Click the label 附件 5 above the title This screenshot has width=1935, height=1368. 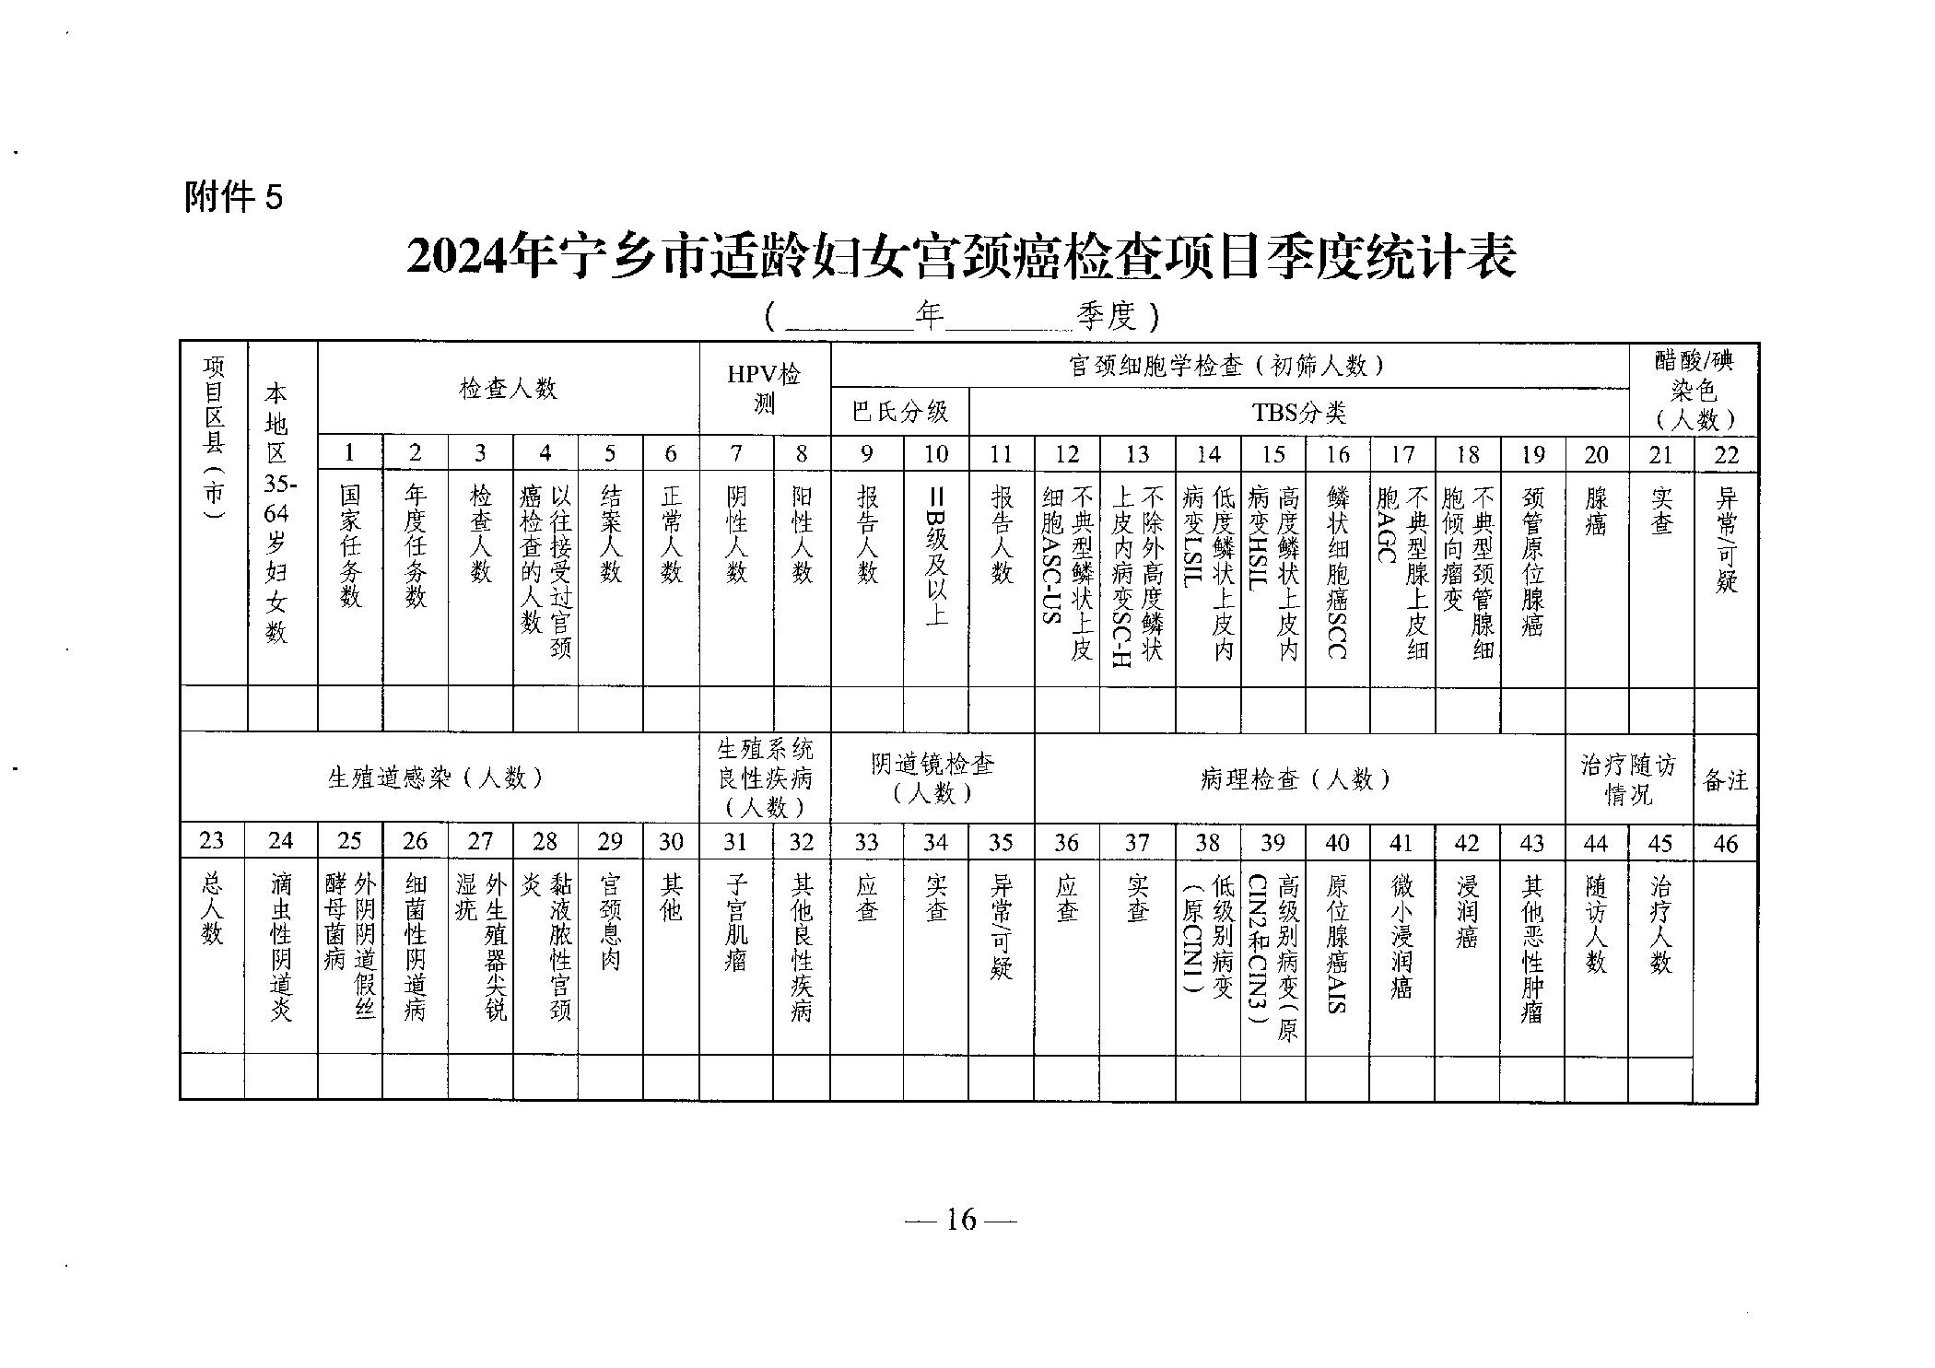(234, 198)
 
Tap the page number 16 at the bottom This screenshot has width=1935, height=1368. (960, 1220)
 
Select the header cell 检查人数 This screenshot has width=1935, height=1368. (508, 389)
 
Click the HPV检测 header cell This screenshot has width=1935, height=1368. (764, 389)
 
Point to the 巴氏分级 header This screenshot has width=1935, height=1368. (899, 411)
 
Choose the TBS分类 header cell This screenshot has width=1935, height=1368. (1298, 412)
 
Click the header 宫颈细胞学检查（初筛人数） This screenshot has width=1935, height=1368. (1228, 366)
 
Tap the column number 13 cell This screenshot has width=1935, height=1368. (1137, 454)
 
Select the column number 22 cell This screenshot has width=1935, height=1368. (1726, 454)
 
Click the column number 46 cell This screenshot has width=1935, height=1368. (1725, 843)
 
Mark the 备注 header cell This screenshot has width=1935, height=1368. (1725, 780)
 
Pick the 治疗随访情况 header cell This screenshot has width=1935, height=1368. (1628, 779)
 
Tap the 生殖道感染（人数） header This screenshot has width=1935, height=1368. (439, 778)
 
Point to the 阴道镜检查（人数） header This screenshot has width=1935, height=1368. (932, 778)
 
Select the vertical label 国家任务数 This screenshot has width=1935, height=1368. (350, 545)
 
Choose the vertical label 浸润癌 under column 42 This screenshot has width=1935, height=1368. (1466, 912)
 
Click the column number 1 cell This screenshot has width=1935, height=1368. (349, 453)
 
